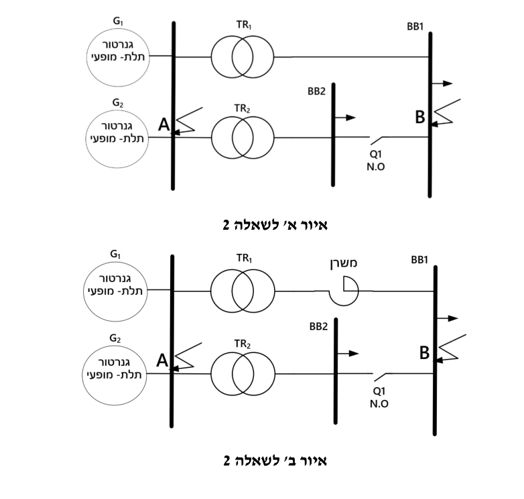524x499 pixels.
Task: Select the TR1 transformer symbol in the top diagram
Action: click(243, 57)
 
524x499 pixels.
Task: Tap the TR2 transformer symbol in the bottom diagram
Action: click(243, 374)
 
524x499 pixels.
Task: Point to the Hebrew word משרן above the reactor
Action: click(344, 263)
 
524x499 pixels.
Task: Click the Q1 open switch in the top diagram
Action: click(377, 140)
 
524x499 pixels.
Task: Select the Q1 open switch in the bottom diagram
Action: click(381, 376)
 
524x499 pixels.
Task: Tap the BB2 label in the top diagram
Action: click(316, 91)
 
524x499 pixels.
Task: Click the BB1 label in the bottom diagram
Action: click(419, 260)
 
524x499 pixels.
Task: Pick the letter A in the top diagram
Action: click(163, 125)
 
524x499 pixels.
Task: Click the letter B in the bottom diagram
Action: click(424, 353)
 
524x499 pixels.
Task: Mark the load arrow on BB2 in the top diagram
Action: click(345, 118)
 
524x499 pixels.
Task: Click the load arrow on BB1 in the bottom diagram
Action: click(448, 318)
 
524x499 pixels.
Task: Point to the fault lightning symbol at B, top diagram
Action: click(446, 113)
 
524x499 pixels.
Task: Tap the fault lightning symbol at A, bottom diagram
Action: click(186, 357)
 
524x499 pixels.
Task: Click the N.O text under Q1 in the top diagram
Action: click(376, 167)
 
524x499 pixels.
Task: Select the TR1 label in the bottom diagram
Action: click(245, 259)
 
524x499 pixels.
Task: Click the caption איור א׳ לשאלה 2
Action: click(275, 225)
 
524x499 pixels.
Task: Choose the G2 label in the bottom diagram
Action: click(115, 339)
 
